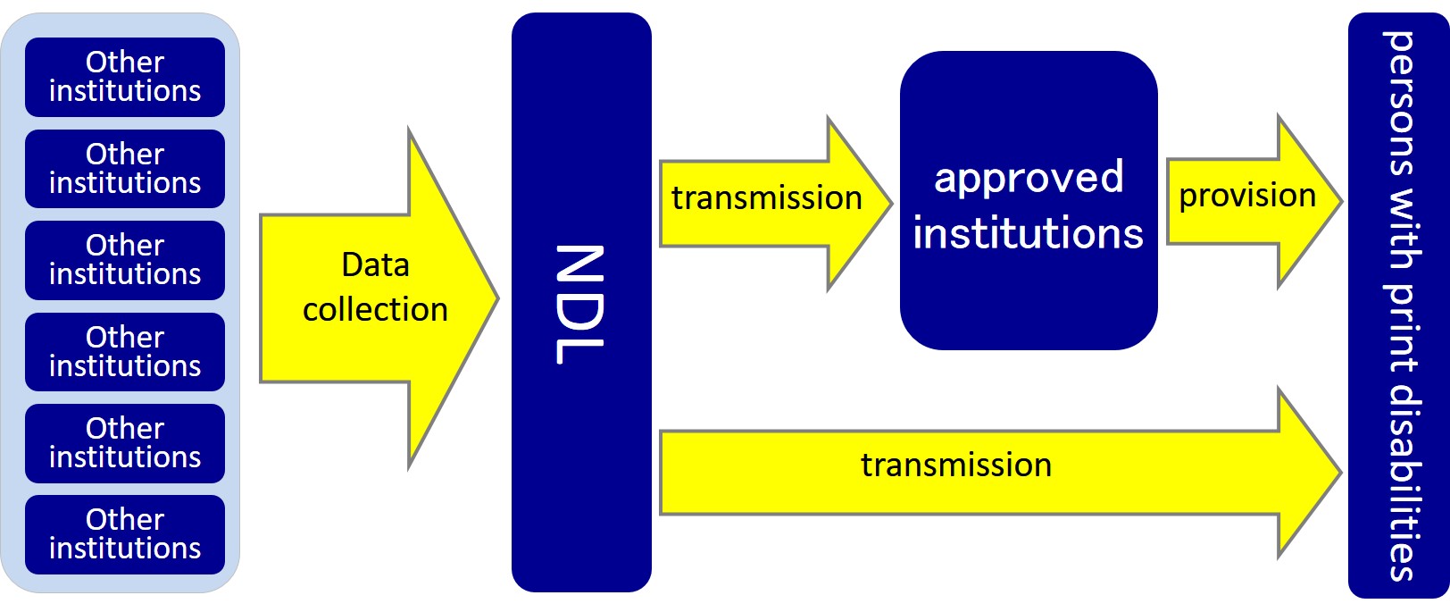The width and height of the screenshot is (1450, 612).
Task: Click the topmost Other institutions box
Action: pyautogui.click(x=125, y=77)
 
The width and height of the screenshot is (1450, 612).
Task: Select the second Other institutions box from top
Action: pyautogui.click(x=125, y=169)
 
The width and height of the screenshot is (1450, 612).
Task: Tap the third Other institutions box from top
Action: pyautogui.click(x=125, y=260)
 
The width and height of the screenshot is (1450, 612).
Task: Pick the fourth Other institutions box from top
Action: pyautogui.click(x=125, y=352)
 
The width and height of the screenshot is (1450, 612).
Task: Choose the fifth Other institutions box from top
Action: pyautogui.click(x=125, y=443)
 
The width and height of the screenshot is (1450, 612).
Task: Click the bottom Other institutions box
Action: pyautogui.click(x=125, y=534)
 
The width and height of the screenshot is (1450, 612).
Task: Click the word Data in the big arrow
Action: pyautogui.click(x=375, y=265)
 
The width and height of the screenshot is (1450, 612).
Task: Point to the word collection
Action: pyautogui.click(x=375, y=310)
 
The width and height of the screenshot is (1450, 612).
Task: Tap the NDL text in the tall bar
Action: pyautogui.click(x=580, y=304)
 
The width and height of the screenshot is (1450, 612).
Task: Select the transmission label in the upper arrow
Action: pyautogui.click(x=766, y=198)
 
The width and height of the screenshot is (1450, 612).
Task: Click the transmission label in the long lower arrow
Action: pyautogui.click(x=955, y=465)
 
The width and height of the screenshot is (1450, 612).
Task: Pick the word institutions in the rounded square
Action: pyautogui.click(x=1028, y=234)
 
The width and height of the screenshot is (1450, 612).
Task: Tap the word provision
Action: pyautogui.click(x=1246, y=196)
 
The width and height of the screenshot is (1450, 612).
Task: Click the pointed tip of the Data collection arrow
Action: pyautogui.click(x=496, y=298)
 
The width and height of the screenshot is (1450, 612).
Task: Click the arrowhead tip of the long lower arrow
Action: pyautogui.click(x=1339, y=472)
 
